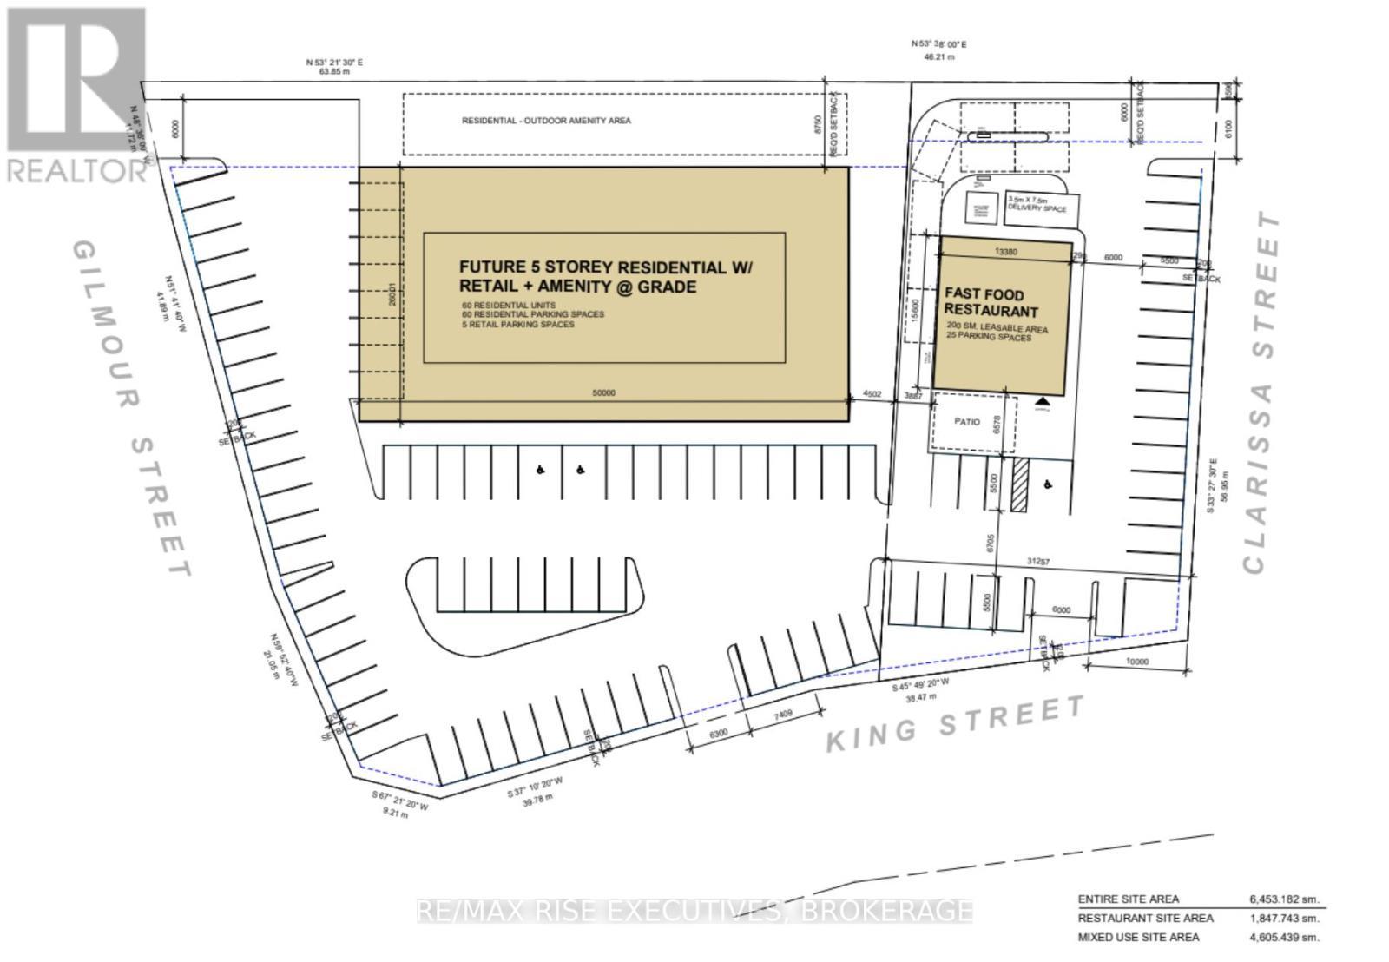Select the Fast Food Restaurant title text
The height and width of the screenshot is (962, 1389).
point(991,303)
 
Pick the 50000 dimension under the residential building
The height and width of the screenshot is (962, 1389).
point(604,393)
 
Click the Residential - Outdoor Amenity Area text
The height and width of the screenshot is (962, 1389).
point(546,121)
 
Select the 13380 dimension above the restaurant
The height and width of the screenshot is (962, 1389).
point(1006,252)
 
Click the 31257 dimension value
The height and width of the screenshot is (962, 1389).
point(1038,563)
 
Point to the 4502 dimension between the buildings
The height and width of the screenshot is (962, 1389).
point(872,394)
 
